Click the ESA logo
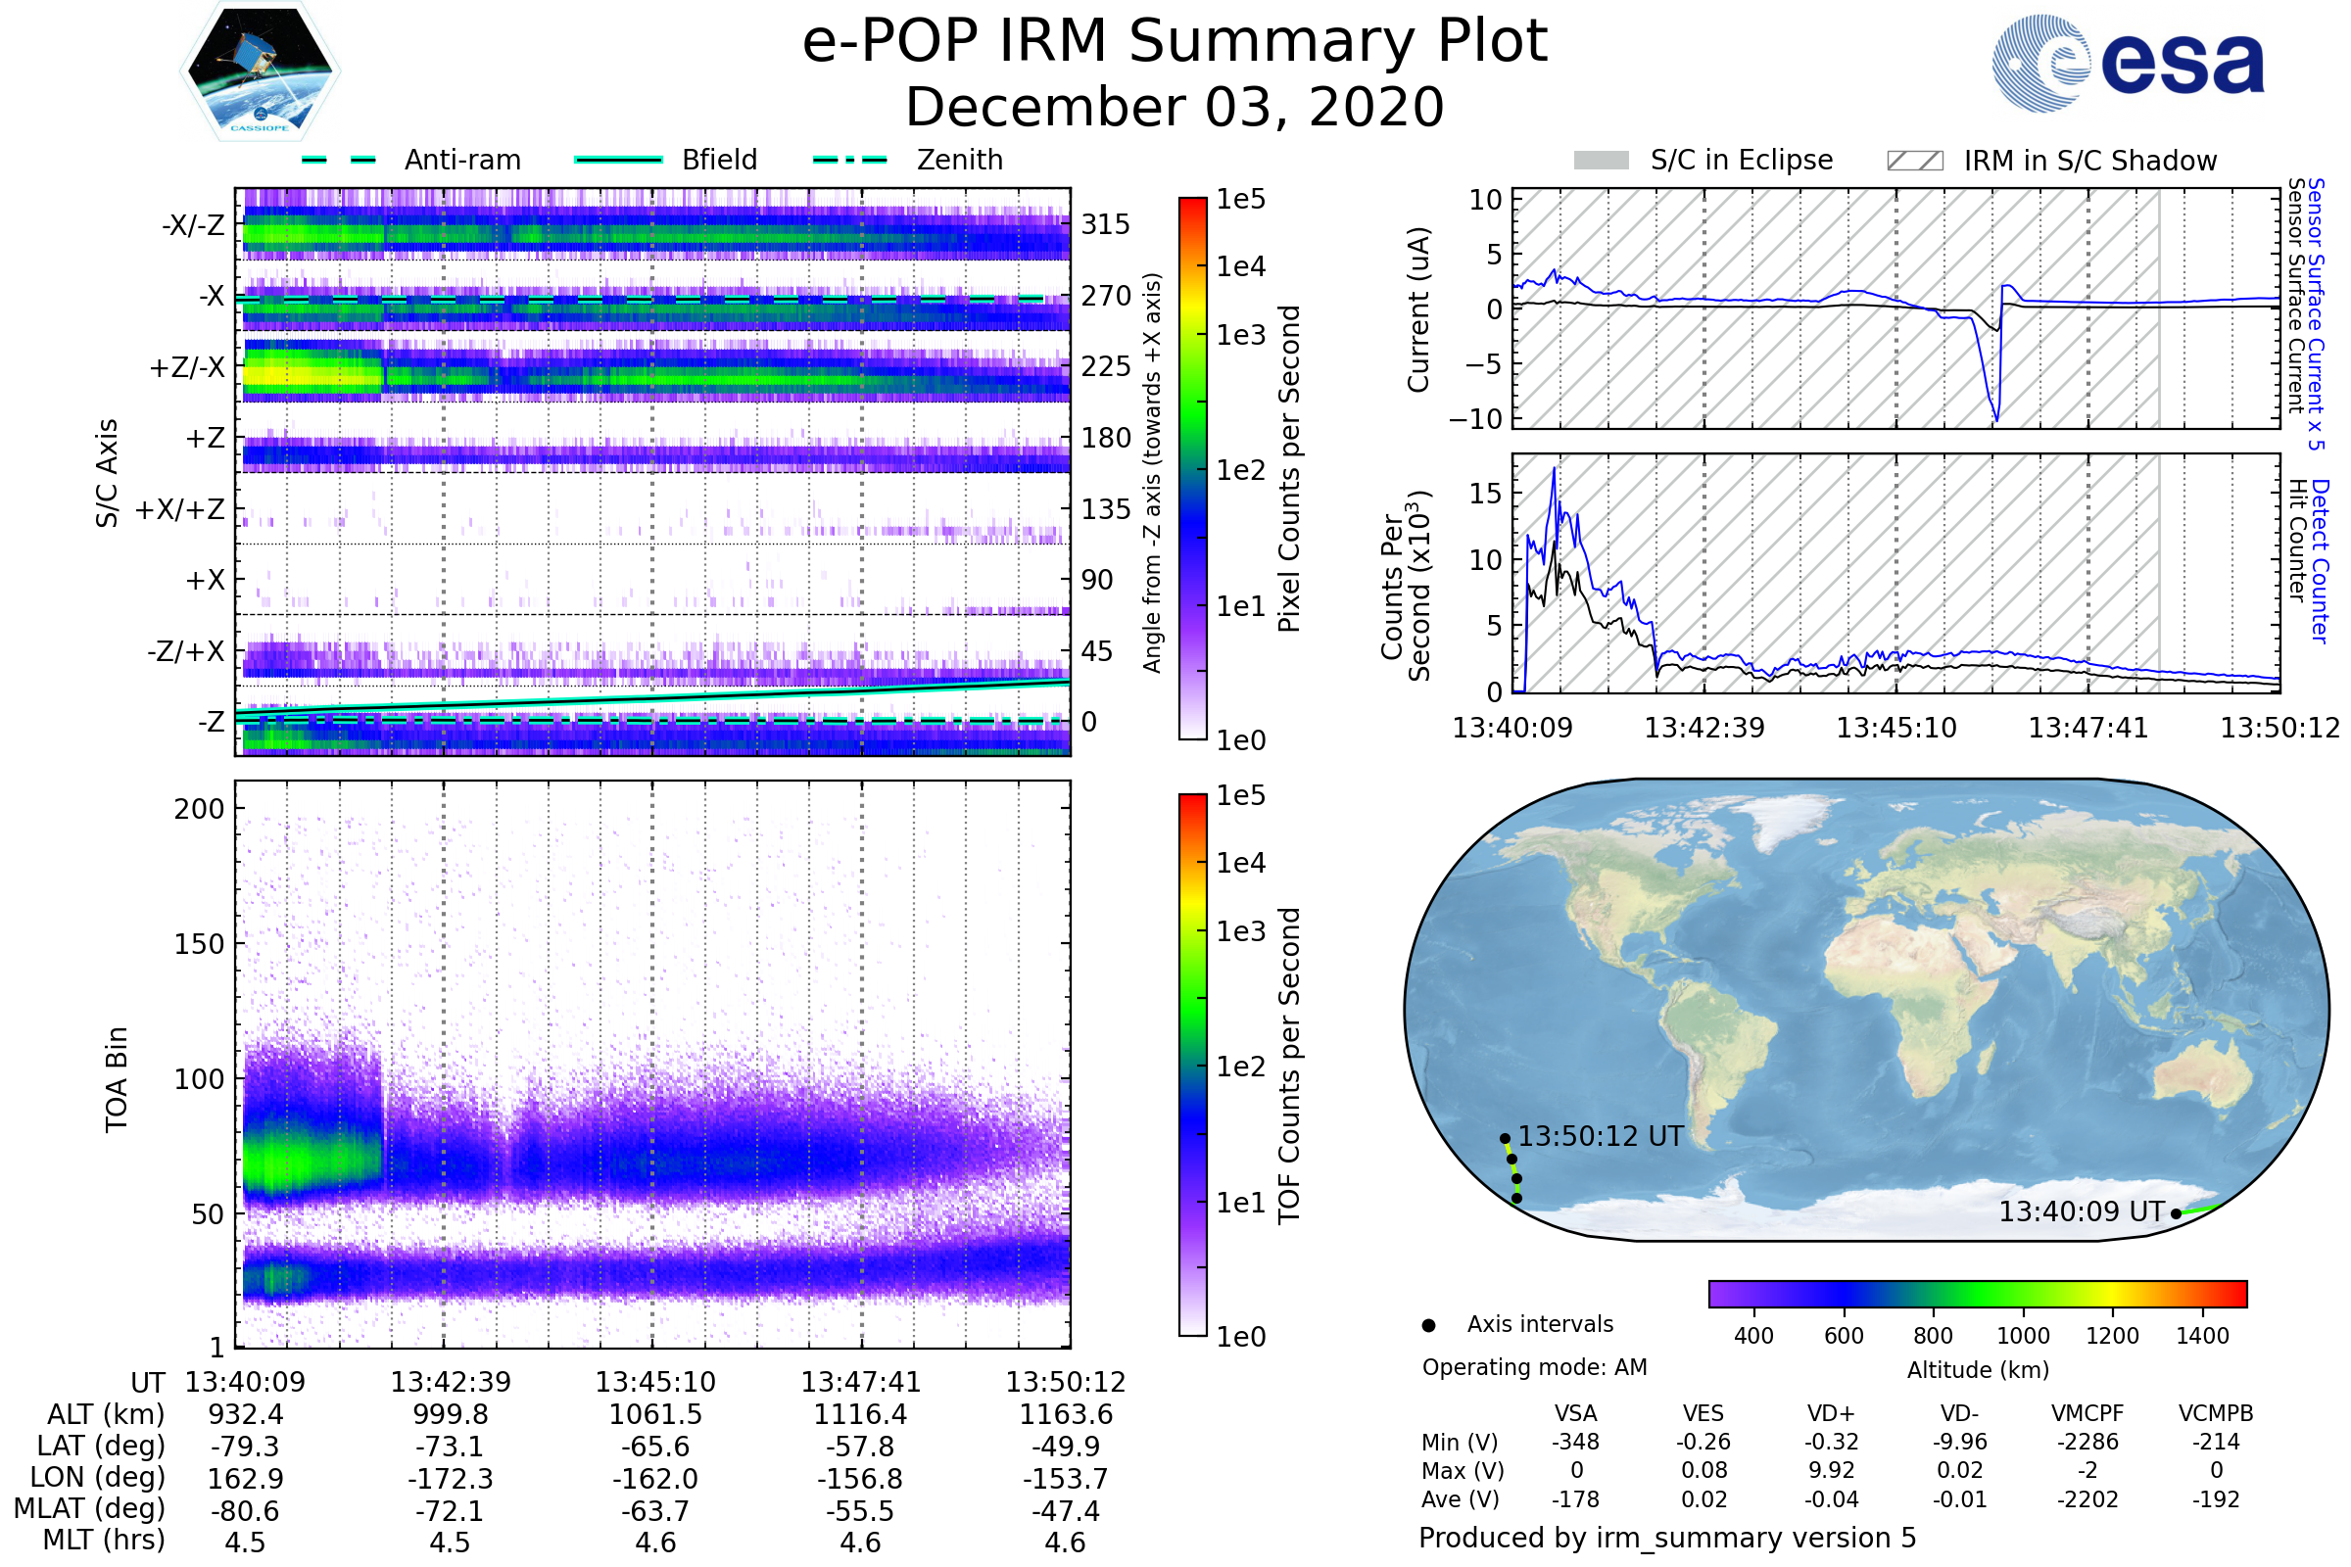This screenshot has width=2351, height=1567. (x=2129, y=62)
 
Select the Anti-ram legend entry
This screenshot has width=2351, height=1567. (x=461, y=160)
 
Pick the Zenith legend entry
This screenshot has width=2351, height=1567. (x=959, y=160)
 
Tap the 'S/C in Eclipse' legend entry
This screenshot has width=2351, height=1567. (x=1741, y=160)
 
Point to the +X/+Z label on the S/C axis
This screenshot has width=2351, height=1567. (x=180, y=509)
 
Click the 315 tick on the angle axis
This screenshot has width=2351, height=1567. (x=1106, y=224)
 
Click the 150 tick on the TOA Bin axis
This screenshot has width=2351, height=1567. (x=199, y=944)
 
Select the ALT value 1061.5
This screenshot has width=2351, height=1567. (x=654, y=1415)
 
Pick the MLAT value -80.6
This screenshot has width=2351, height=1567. (x=245, y=1511)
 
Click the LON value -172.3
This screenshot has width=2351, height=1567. (x=450, y=1479)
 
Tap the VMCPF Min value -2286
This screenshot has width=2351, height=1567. (x=2087, y=1442)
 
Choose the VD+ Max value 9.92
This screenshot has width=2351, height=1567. (x=1831, y=1470)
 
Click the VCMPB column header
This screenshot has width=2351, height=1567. (x=2215, y=1413)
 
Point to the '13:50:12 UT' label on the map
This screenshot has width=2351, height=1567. (x=1601, y=1136)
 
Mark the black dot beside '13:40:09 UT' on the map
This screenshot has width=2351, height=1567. (x=2176, y=1214)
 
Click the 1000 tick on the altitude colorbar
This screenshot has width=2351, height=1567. (x=2022, y=1336)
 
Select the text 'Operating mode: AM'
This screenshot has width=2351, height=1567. (x=1534, y=1367)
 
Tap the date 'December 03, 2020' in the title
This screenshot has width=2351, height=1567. (x=1175, y=107)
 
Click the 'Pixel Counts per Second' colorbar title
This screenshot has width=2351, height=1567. (x=1289, y=469)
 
